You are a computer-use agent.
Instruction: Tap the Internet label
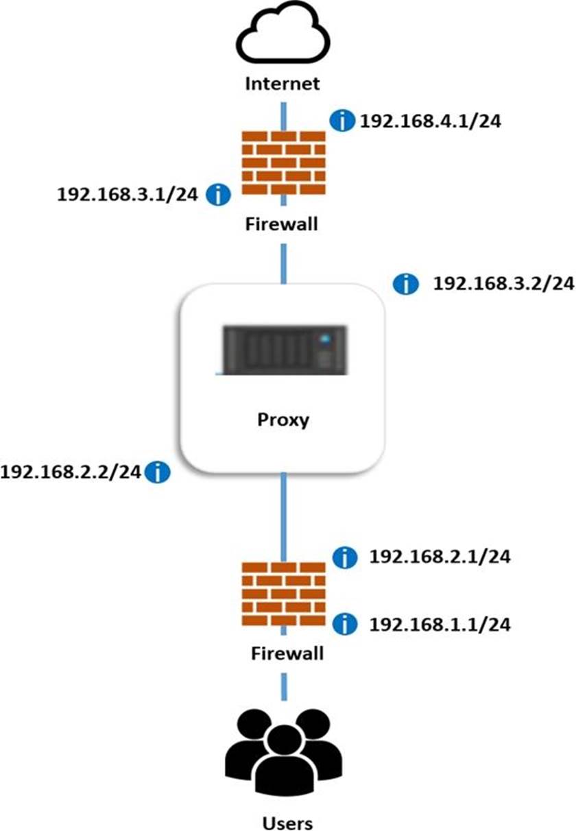coord(283,84)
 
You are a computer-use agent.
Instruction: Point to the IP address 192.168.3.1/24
coord(128,195)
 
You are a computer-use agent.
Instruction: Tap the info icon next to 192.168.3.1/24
coord(219,195)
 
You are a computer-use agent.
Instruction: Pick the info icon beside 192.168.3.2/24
coord(407,284)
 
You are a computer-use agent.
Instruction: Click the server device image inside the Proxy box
coord(282,350)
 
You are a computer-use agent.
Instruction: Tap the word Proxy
coord(283,419)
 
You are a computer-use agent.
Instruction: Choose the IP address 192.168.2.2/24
coord(71,472)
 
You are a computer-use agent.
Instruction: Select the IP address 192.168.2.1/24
coord(440,557)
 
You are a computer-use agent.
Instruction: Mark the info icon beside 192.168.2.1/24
coord(344,557)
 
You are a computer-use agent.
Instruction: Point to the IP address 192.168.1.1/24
coord(440,624)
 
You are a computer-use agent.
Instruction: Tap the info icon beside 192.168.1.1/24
coord(344,624)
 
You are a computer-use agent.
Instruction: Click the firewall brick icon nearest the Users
coord(283,594)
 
